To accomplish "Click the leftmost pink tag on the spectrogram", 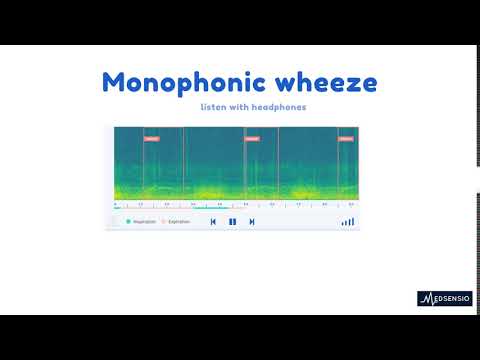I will pos(151,139).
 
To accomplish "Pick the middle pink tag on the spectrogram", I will pos(252,139).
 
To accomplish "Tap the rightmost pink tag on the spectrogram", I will pos(346,139).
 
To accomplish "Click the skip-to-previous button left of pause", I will pos(213,222).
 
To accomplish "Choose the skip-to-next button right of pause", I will pos(252,222).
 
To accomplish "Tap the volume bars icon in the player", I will pos(347,222).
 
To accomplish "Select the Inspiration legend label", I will pos(144,222).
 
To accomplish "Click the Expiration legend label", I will pos(179,222).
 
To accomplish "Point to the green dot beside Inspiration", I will pos(128,222).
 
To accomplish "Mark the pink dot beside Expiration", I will pos(164,222).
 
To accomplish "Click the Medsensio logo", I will pos(444,298).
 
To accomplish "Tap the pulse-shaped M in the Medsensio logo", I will pos(426,298).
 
